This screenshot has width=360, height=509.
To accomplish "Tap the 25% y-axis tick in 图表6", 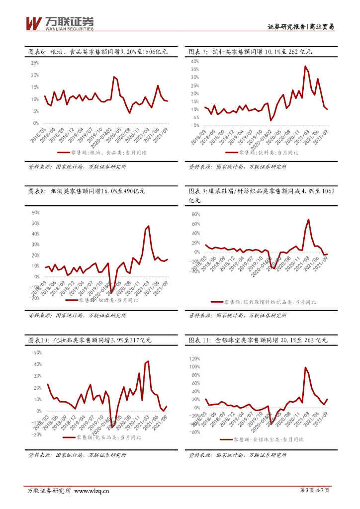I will (35, 63).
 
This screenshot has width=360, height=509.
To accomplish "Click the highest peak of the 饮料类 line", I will (305, 66).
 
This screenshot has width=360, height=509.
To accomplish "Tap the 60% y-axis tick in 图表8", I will (35, 212).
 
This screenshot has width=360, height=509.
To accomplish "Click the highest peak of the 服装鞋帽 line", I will (308, 219).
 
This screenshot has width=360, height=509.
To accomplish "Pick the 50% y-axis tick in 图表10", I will (35, 352).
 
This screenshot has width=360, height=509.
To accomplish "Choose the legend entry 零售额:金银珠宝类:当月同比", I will (269, 439).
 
